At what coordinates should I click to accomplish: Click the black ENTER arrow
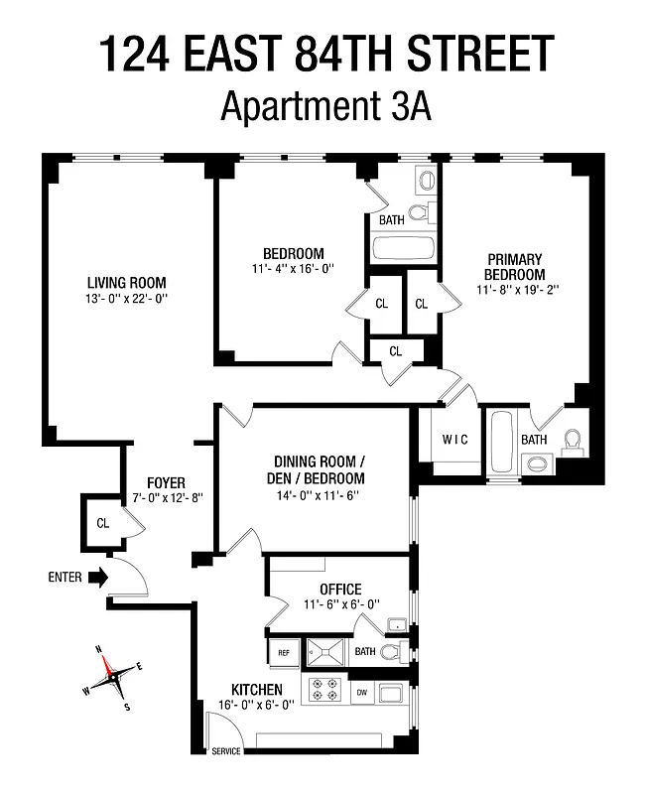click(96, 577)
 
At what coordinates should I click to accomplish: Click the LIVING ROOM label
click(126, 282)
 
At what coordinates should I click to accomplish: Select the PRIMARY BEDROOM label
click(515, 267)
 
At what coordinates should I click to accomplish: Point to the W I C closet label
click(454, 440)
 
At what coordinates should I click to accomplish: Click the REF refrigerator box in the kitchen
click(283, 652)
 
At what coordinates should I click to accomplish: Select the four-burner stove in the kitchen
click(324, 690)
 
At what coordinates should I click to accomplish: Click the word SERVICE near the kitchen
click(225, 751)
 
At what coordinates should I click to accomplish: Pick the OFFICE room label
click(340, 589)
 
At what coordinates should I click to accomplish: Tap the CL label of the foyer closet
click(102, 522)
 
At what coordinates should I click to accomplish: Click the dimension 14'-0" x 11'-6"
click(313, 494)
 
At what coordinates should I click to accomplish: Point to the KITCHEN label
click(257, 690)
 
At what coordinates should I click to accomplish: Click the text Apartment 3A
click(323, 104)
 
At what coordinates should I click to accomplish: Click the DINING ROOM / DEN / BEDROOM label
click(313, 469)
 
